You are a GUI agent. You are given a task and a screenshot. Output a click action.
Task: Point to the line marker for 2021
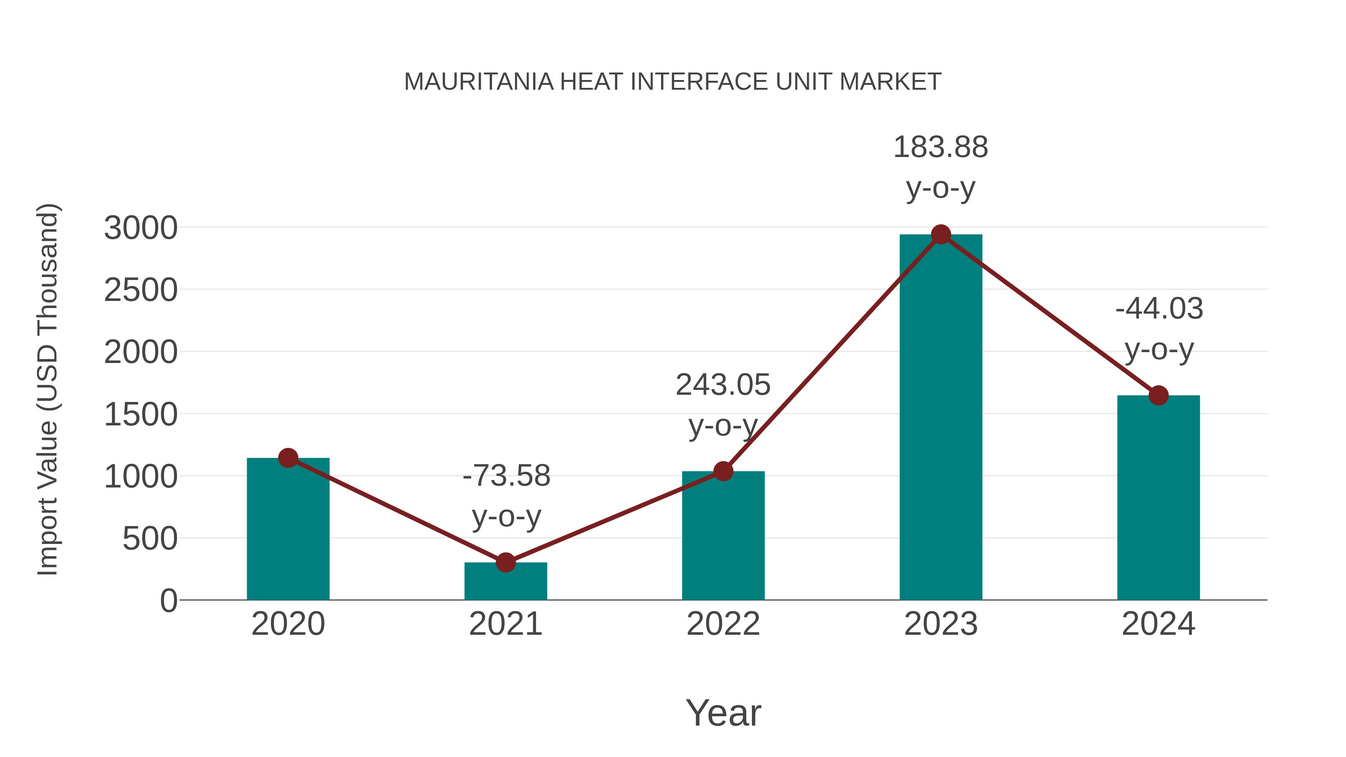505,563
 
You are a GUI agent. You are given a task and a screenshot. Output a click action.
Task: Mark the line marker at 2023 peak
941,234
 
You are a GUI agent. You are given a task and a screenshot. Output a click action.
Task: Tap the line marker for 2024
1158,396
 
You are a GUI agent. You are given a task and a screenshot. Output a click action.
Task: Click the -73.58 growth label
506,476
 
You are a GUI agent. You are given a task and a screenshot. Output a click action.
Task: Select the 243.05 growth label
723,385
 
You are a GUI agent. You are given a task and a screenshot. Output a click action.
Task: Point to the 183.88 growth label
941,147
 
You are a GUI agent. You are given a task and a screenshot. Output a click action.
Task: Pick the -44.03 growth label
1159,308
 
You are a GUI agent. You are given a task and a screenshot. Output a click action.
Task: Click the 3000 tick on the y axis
141,228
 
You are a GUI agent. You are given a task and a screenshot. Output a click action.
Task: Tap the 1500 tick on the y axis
141,415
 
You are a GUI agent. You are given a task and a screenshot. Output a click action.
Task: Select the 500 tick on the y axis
150,539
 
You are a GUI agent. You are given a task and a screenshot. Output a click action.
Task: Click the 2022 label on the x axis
723,624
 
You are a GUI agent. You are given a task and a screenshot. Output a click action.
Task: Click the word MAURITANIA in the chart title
479,82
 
